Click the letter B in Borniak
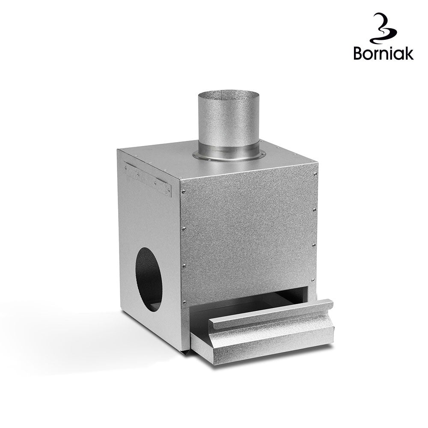359,53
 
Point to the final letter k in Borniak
409,53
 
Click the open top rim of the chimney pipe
228,94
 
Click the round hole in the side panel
149,279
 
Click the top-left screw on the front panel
183,190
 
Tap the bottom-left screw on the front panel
184,302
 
